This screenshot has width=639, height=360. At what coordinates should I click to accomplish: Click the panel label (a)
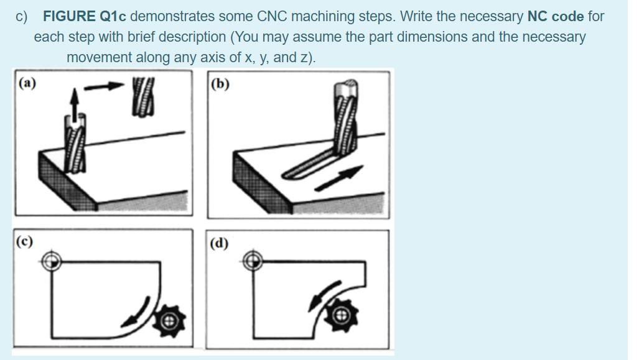27,83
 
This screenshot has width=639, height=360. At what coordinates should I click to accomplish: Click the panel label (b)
220,84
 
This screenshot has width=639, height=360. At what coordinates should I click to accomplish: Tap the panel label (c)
24,241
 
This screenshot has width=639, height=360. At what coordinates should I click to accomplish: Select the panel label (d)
219,243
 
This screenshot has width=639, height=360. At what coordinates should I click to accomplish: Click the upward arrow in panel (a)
74,104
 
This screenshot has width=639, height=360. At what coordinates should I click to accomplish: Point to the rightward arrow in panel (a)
104,86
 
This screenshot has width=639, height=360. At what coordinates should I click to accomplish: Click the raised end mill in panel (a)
143,98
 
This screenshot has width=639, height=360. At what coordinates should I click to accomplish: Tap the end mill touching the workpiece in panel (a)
75,144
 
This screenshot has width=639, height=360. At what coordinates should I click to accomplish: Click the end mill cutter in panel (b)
345,117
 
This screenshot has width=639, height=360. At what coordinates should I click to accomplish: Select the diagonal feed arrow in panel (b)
339,178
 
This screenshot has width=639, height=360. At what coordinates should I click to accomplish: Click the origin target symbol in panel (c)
52,261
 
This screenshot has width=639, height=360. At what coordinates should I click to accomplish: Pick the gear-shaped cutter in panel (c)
169,321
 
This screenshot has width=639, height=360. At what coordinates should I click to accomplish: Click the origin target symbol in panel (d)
253,261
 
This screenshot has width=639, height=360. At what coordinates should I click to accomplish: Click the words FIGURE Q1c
85,16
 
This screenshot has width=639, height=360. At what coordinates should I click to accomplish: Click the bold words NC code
556,16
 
